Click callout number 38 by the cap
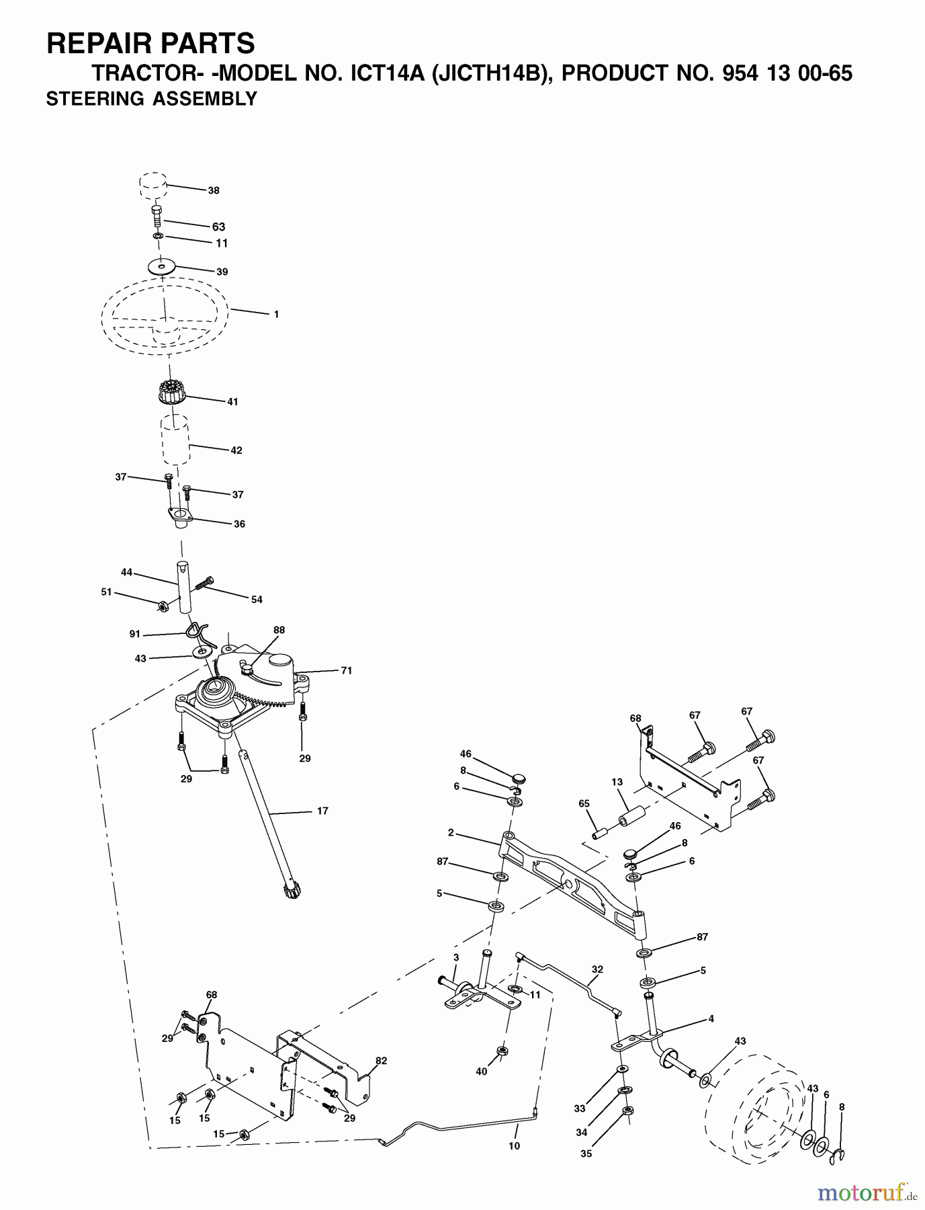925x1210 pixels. (x=213, y=191)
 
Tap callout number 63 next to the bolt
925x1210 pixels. (x=218, y=227)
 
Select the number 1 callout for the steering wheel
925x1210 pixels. (x=276, y=314)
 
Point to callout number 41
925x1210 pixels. (x=232, y=402)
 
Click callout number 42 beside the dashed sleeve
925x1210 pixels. (x=236, y=450)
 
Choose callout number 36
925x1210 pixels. (x=238, y=524)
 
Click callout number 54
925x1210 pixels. (x=257, y=600)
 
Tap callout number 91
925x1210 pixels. (x=136, y=634)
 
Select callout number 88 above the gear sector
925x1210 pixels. (x=279, y=630)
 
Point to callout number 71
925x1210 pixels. (x=347, y=670)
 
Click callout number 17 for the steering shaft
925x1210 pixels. (x=322, y=811)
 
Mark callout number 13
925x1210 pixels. (x=617, y=782)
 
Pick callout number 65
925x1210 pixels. (x=584, y=803)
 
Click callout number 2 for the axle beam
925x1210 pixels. (x=451, y=834)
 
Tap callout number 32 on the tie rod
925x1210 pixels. (x=597, y=969)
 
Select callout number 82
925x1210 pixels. (x=382, y=1061)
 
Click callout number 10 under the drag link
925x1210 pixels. (x=514, y=1146)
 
